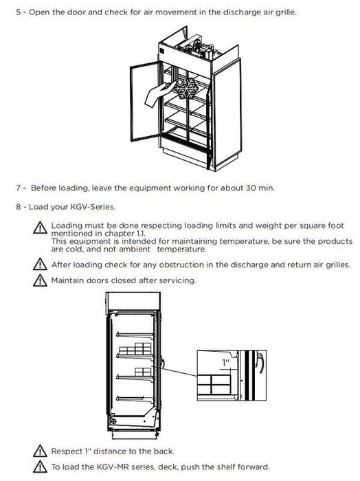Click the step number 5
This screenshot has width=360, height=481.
click(x=19, y=14)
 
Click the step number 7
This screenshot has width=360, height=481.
click(x=19, y=188)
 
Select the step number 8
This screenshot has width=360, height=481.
click(x=19, y=207)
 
